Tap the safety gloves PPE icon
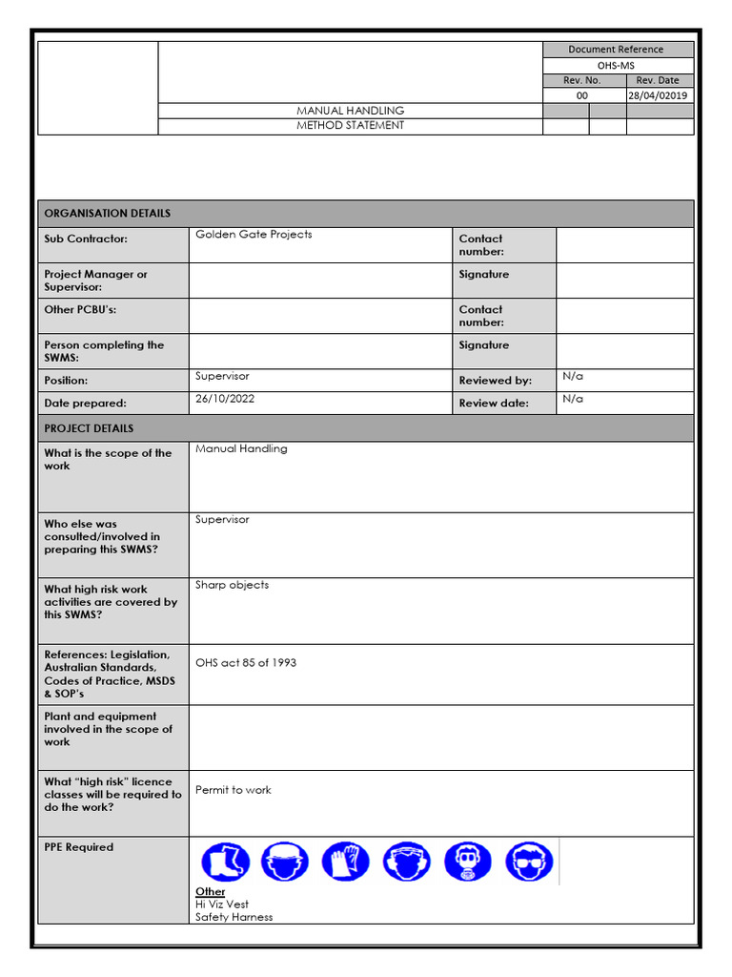coord(346,862)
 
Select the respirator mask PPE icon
coord(468,862)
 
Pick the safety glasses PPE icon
coord(529,862)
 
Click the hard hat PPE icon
coord(285,862)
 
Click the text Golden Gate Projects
coord(254,235)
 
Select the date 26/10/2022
coord(225,400)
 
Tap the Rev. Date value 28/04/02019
coord(660,95)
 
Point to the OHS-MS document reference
coord(616,65)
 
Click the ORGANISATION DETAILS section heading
coord(108,214)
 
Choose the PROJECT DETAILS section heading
coord(89,428)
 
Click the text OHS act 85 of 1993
coord(246,663)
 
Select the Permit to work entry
coord(233,790)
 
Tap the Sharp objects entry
coord(232,585)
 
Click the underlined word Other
coord(211,891)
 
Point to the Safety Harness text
coord(234,917)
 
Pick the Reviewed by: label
coord(495,381)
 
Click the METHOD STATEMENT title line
coord(350,126)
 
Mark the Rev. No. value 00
coord(582,95)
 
